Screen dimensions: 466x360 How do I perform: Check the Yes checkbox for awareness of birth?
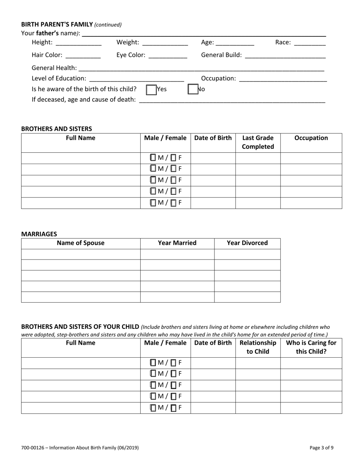pyautogui.click(x=151, y=90)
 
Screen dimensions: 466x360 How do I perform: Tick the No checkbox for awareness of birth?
pyautogui.click(x=193, y=89)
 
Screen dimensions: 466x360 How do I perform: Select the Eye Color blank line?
pyautogui.click(x=168, y=55)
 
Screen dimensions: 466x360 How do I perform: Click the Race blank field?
pyautogui.click(x=310, y=43)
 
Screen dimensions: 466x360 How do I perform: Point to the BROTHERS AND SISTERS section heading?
pyautogui.click(x=56, y=129)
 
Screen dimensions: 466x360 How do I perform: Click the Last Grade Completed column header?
pyautogui.click(x=258, y=142)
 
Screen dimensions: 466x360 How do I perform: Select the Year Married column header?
pyautogui.click(x=177, y=243)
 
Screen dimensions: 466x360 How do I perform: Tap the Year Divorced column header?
pyautogui.click(x=247, y=243)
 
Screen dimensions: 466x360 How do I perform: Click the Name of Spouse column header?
pyautogui.click(x=80, y=243)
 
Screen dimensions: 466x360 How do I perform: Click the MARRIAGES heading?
pyautogui.click(x=39, y=234)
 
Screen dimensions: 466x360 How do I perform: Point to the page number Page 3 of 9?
pyautogui.click(x=321, y=448)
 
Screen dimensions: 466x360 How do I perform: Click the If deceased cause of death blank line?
pyautogui.click(x=232, y=100)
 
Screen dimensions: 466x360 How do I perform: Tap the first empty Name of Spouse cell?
pyautogui.click(x=80, y=254)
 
